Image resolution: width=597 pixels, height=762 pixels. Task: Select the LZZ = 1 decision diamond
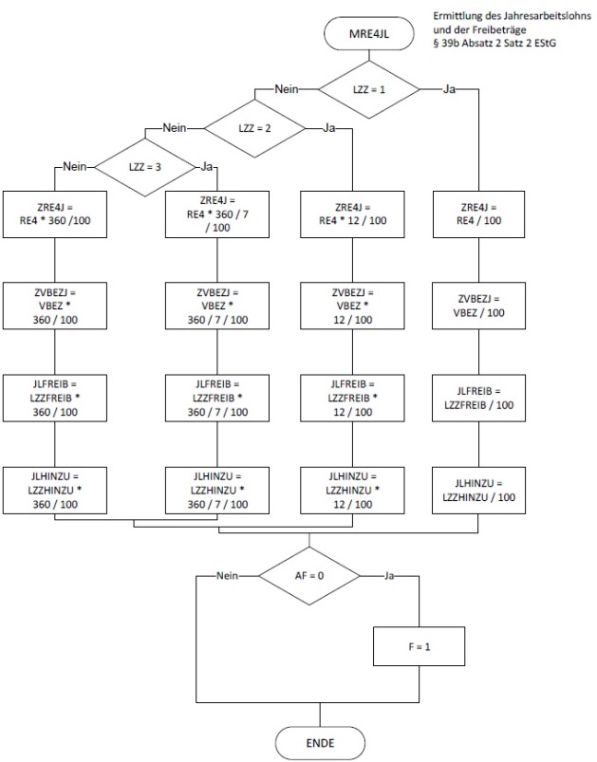[x=367, y=89]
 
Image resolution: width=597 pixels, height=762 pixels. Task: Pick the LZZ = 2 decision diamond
[x=254, y=127]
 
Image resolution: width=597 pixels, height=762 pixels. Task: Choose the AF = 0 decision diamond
[x=309, y=575]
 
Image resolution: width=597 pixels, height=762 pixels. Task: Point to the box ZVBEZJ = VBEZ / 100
[x=478, y=305]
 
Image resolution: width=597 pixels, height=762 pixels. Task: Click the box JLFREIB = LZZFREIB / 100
[x=478, y=398]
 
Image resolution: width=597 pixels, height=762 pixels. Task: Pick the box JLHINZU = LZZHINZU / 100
[x=478, y=491]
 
